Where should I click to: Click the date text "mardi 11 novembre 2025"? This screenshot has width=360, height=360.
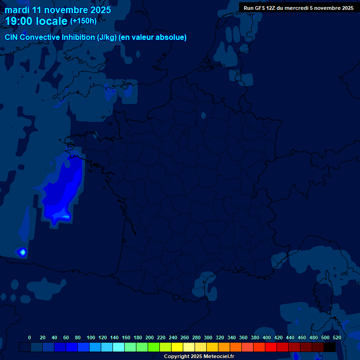(58, 10)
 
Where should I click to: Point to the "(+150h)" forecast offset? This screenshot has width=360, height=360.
(83, 21)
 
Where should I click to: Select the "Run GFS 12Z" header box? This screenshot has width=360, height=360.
(299, 7)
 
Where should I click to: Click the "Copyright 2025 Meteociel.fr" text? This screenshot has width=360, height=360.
(199, 356)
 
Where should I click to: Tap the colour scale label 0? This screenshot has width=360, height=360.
(30, 337)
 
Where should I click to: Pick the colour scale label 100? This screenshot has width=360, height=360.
(91, 337)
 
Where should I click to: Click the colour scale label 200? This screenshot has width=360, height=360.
(150, 337)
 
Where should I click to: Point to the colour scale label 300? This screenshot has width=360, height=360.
(208, 337)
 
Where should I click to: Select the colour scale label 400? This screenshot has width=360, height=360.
(267, 337)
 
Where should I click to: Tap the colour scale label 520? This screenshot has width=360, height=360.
(337, 337)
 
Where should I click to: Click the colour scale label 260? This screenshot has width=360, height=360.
(185, 337)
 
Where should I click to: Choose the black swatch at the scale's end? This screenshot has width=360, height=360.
(330, 347)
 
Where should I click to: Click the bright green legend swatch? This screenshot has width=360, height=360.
(154, 347)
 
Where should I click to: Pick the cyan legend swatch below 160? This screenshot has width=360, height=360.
(119, 347)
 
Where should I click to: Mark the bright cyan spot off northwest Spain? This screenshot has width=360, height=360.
(22, 252)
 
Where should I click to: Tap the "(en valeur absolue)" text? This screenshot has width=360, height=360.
(153, 37)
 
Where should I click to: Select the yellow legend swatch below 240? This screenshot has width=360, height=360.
(177, 347)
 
